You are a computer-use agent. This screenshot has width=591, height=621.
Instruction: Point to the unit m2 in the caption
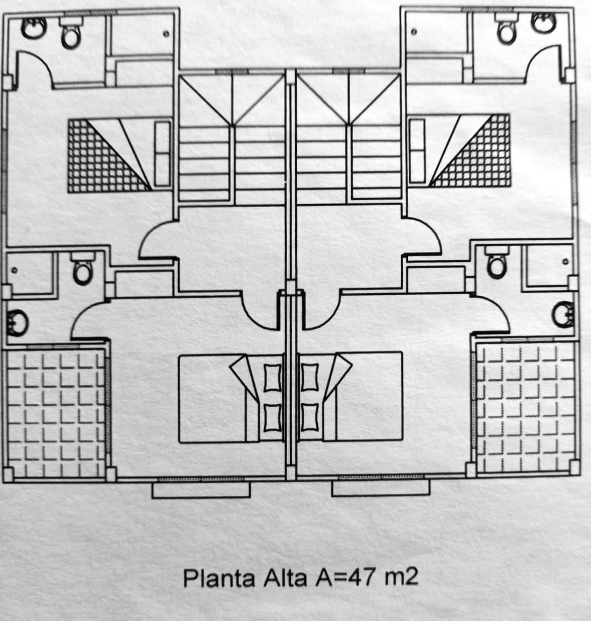(x=400, y=577)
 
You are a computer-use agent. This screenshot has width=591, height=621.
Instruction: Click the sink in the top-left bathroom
(x=32, y=26)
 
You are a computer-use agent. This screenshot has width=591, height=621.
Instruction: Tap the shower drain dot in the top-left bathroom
(x=167, y=34)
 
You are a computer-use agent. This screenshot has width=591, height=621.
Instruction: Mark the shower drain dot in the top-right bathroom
(x=414, y=33)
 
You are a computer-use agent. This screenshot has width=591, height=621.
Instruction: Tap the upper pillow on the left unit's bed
(x=273, y=375)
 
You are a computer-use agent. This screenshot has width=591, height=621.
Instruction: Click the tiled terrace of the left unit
(x=55, y=412)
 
